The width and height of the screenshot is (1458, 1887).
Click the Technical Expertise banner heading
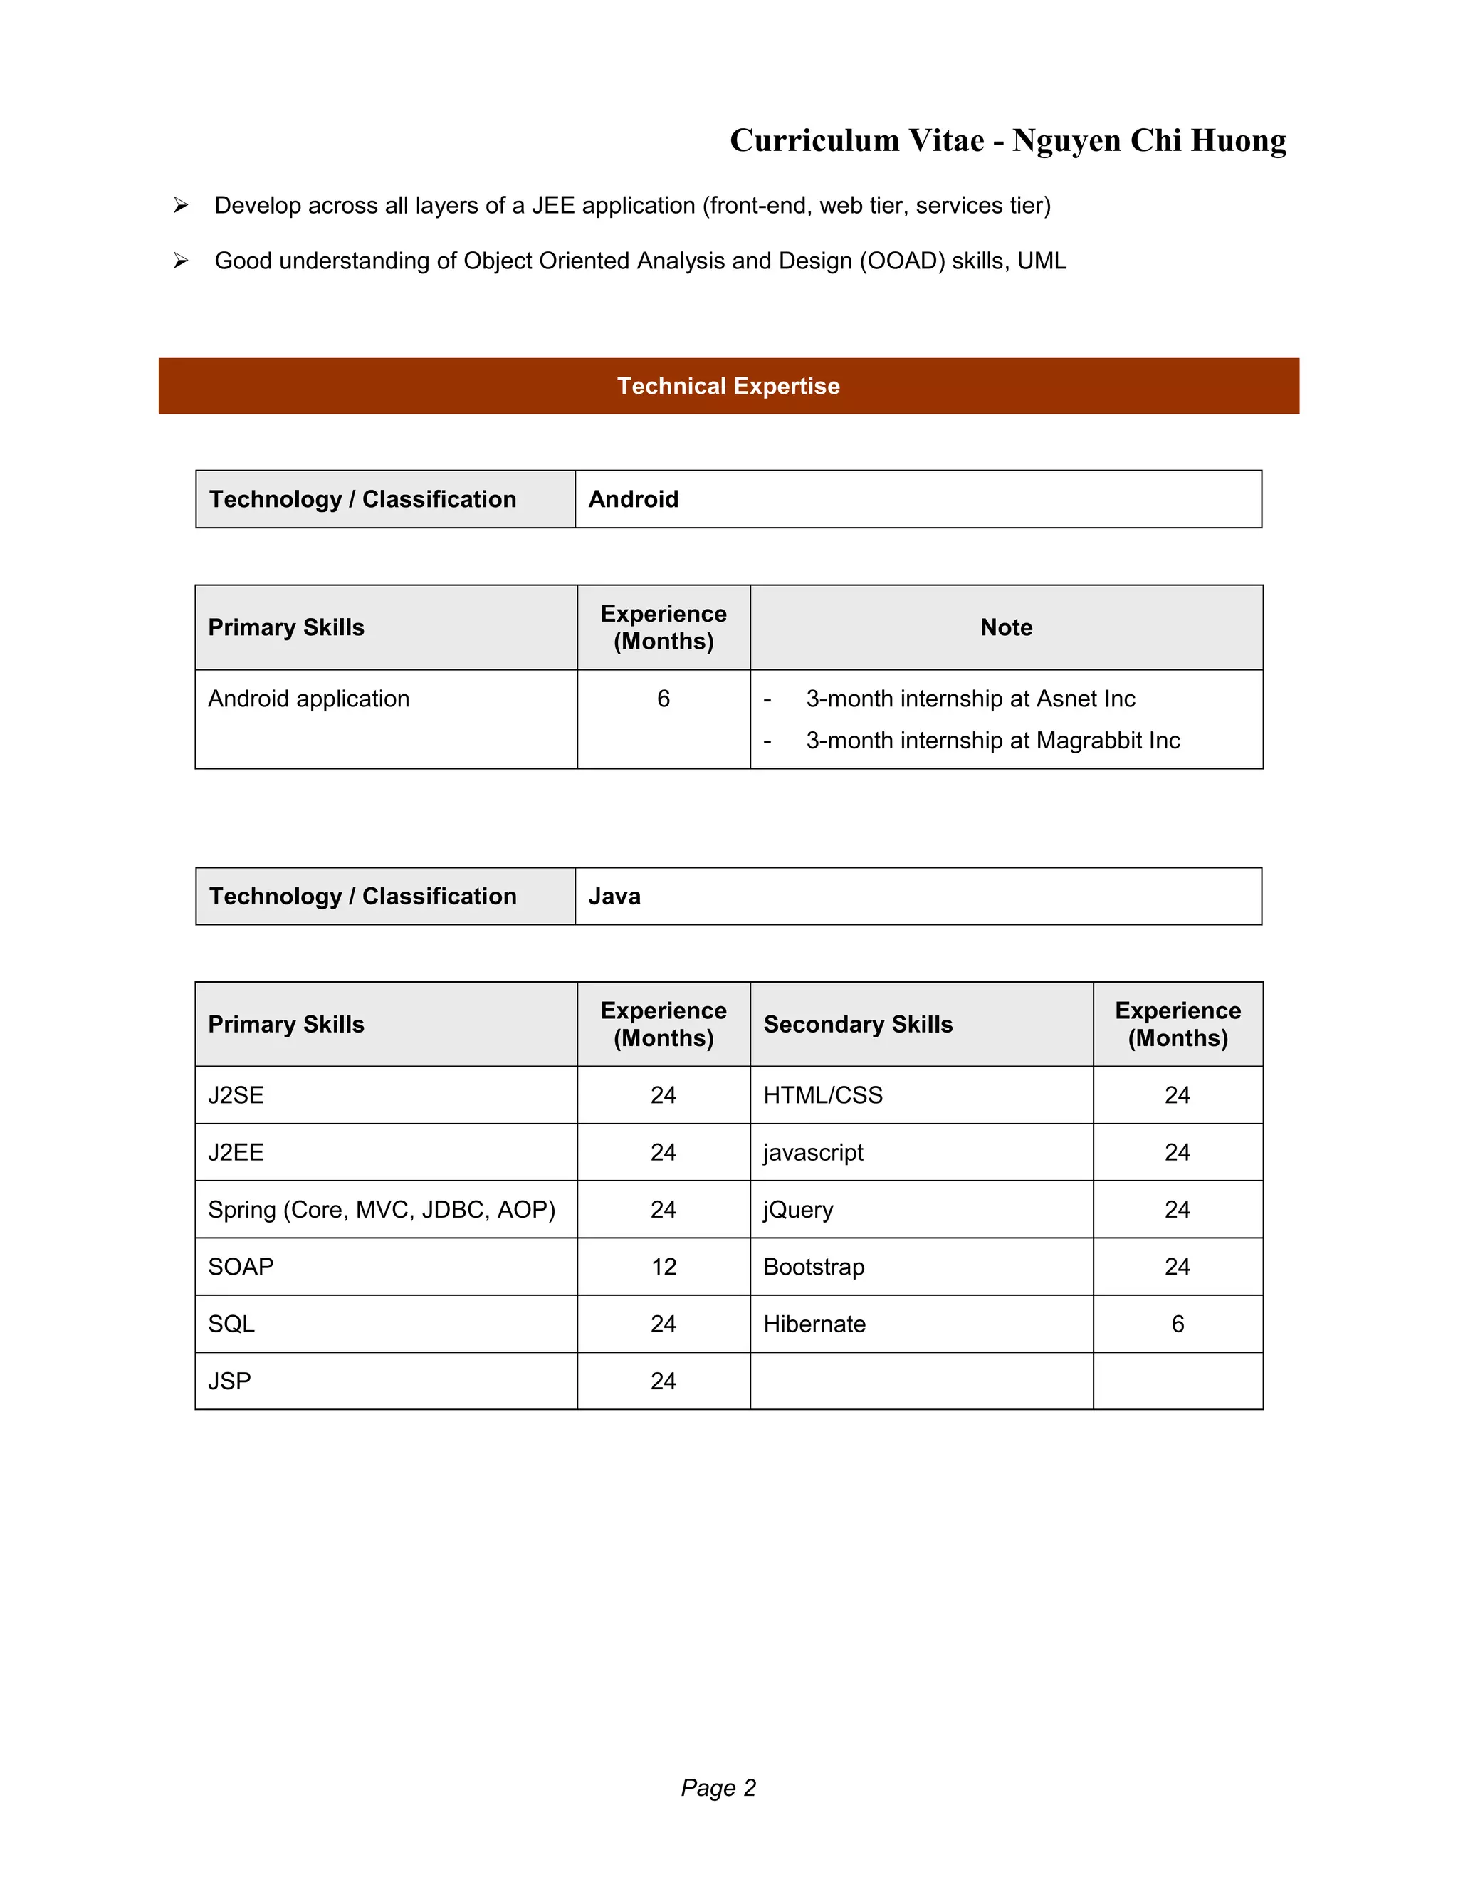[x=728, y=386]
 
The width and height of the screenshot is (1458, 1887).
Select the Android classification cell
[x=633, y=499]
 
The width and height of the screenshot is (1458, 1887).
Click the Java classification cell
[x=614, y=896]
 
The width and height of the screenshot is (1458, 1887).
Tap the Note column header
[x=1006, y=627]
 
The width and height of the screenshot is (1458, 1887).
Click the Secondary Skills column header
[x=858, y=1024]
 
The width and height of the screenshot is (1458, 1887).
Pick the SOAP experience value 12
[x=664, y=1267]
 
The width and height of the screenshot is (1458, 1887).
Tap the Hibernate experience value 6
[x=1178, y=1324]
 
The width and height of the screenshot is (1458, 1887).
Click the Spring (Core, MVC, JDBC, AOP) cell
[x=381, y=1210]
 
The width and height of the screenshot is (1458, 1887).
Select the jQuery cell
[x=798, y=1210]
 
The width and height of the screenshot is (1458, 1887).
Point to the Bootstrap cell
[x=814, y=1267]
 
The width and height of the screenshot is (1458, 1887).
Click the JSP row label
[x=230, y=1381]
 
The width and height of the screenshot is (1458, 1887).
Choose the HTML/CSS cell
[x=822, y=1094]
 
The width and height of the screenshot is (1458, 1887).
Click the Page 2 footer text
[x=718, y=1787]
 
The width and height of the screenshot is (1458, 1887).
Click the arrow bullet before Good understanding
[x=181, y=260]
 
